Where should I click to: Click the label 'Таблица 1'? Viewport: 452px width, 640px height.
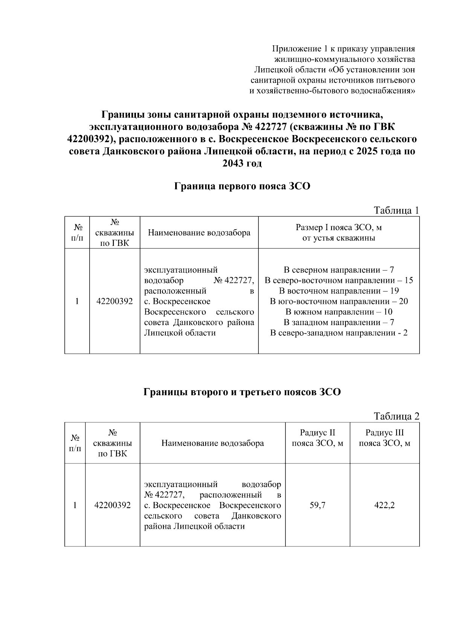[396, 210]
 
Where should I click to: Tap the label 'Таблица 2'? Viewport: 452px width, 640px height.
[396, 416]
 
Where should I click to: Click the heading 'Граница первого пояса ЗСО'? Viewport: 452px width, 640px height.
[242, 186]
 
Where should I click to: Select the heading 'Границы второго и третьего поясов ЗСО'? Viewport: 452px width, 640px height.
[242, 392]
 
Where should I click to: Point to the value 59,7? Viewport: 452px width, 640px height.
[318, 505]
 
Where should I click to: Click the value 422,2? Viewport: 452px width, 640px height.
[384, 505]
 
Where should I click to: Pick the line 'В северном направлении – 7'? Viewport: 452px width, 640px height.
[339, 270]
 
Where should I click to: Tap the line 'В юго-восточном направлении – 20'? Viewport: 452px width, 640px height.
[339, 301]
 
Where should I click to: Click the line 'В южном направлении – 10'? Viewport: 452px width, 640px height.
[339, 312]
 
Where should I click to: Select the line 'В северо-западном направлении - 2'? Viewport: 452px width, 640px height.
[339, 333]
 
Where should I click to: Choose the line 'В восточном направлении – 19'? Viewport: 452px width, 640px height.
[339, 291]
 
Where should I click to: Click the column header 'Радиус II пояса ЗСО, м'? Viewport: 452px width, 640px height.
[318, 438]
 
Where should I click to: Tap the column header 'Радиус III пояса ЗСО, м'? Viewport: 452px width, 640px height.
[385, 438]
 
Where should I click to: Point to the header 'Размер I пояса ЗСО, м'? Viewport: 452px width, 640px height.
[339, 228]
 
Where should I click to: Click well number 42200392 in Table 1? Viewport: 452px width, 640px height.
[115, 301]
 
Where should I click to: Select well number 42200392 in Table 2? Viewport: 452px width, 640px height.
[113, 505]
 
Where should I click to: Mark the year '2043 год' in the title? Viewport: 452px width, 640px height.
[242, 164]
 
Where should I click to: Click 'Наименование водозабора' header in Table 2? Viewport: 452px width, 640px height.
[212, 443]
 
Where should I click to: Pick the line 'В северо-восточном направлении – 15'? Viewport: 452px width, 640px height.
[339, 281]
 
